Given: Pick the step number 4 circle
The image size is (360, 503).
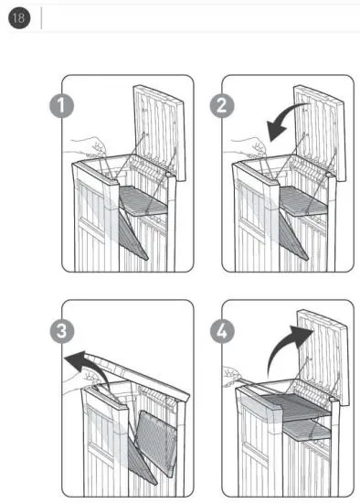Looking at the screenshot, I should (223, 328).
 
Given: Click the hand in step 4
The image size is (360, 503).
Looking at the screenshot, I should (236, 374).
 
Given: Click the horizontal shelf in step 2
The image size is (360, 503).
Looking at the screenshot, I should (302, 202).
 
